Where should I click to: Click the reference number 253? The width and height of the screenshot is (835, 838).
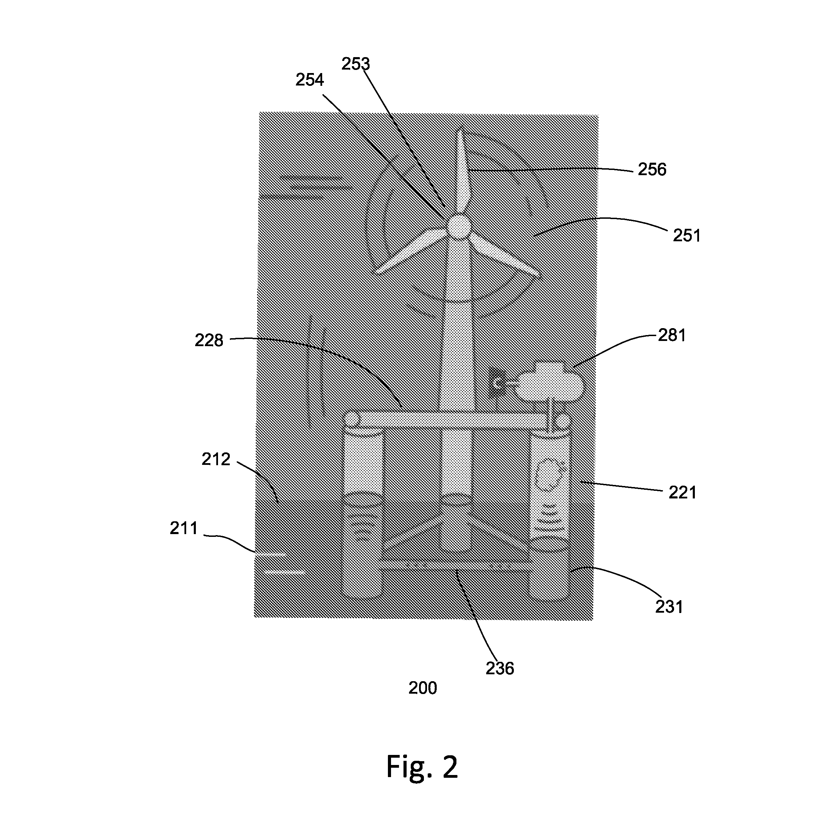click(x=355, y=64)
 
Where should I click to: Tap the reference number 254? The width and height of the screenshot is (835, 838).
click(x=310, y=80)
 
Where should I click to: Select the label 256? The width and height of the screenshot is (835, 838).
click(x=652, y=169)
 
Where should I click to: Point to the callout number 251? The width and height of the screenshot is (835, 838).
click(x=687, y=235)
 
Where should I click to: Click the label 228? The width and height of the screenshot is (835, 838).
click(x=209, y=341)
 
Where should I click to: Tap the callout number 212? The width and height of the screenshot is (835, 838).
click(x=216, y=459)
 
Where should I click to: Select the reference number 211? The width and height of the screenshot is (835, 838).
click(x=184, y=528)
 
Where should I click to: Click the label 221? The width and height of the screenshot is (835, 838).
click(x=682, y=493)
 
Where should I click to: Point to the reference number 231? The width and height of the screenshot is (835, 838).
click(x=669, y=607)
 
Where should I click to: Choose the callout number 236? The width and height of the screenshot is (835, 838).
click(x=500, y=668)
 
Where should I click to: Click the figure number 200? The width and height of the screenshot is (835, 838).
click(x=423, y=688)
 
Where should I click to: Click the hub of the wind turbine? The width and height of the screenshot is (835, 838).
click(x=458, y=226)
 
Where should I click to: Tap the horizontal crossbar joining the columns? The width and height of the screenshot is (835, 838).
click(x=455, y=420)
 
